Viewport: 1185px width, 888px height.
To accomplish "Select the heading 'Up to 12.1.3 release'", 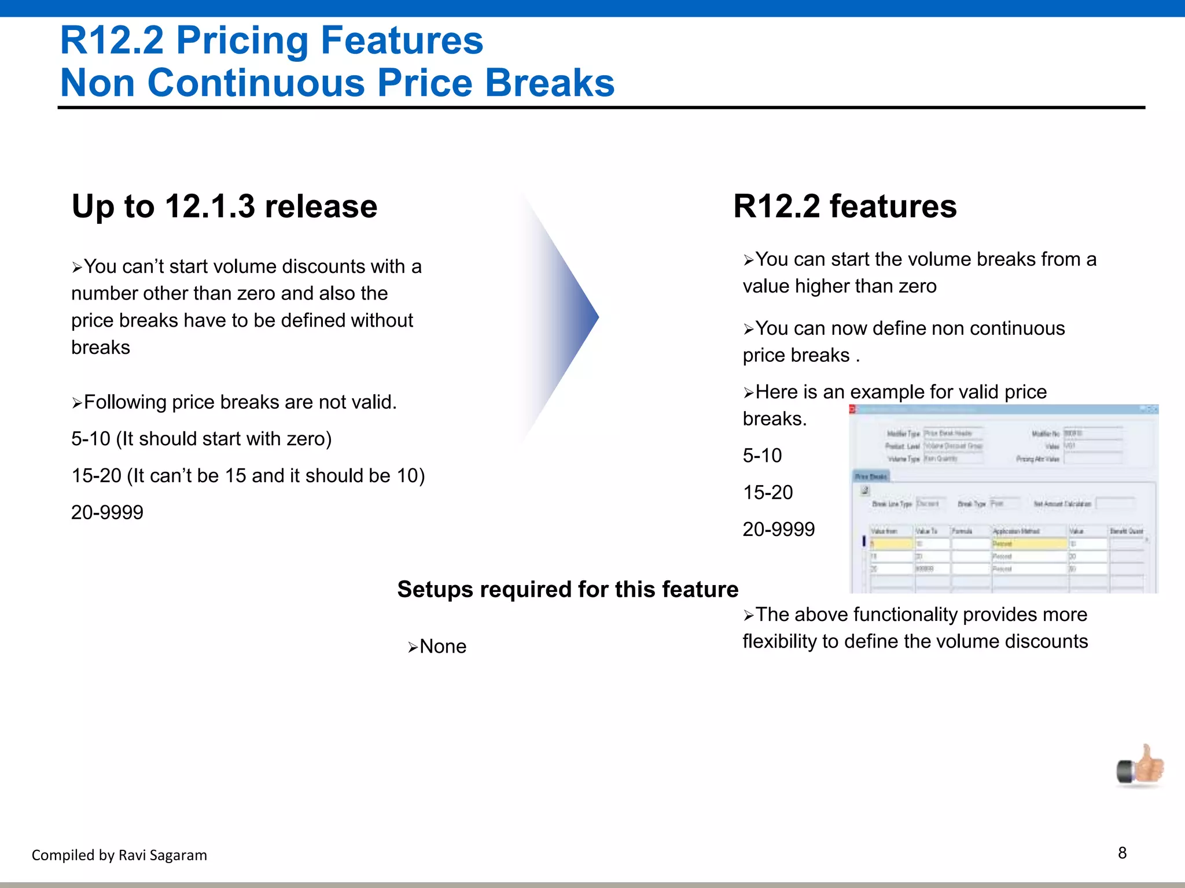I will tap(225, 206).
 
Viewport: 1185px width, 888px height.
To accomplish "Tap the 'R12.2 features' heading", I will tap(845, 206).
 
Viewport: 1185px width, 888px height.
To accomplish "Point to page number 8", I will tap(1122, 853).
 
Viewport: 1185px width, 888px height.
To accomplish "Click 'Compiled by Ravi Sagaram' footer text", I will tap(119, 855).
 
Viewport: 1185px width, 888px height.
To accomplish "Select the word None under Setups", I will tap(443, 646).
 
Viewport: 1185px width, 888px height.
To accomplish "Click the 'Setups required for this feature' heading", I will tap(568, 590).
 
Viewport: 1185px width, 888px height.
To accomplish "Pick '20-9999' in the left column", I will tap(107, 512).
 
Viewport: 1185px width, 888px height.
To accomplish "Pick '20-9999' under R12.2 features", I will tap(778, 529).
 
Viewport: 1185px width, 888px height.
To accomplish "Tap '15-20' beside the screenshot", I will tap(768, 493).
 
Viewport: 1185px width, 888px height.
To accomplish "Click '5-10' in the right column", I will tap(762, 456).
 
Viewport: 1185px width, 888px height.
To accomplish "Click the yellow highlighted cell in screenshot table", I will tap(891, 543).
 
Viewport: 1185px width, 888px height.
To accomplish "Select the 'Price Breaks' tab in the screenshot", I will tap(871, 476).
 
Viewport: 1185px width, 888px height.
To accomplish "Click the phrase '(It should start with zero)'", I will tap(224, 439).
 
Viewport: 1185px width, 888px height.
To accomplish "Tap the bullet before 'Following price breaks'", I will tap(77, 403).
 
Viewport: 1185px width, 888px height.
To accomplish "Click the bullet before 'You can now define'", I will tap(748, 330).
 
